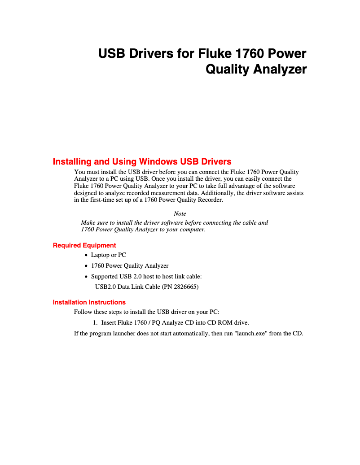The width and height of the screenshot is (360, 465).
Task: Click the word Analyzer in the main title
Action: (281, 70)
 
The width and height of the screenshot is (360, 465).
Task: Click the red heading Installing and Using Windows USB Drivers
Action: (142, 161)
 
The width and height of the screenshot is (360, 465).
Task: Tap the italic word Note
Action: (180, 213)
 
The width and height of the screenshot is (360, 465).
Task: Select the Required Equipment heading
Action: (84, 245)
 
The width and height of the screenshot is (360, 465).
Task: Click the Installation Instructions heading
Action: (89, 302)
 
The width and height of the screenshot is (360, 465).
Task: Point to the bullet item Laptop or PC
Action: (108, 255)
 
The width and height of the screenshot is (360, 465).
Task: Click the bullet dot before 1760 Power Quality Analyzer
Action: (86, 266)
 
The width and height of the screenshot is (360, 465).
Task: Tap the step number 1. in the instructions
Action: (95, 322)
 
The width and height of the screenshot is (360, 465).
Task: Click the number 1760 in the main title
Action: (250, 54)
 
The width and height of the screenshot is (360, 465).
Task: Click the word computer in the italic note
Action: (191, 229)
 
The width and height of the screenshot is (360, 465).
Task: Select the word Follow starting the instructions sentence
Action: (84, 312)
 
